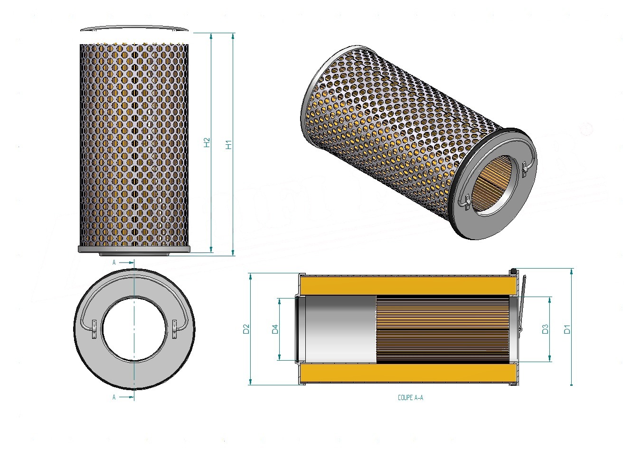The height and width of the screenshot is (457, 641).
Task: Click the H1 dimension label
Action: tap(229, 144)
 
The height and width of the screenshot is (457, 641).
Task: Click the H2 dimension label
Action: tap(207, 142)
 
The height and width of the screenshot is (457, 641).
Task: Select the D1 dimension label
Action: tap(567, 329)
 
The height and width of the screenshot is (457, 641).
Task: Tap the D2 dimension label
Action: tap(246, 329)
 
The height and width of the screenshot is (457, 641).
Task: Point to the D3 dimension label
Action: tap(545, 329)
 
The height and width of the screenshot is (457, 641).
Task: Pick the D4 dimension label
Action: tap(275, 329)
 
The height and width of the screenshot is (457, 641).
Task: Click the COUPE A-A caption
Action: tap(410, 398)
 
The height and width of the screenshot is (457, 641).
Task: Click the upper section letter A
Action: tap(114, 262)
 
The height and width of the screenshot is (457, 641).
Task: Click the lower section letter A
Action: tap(114, 397)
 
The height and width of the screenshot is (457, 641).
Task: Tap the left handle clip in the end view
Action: tap(94, 329)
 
